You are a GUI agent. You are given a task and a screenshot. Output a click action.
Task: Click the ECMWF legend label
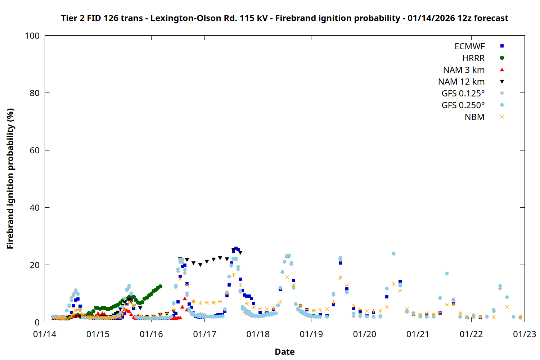point(469,46)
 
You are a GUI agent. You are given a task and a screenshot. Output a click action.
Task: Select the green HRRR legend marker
point(502,58)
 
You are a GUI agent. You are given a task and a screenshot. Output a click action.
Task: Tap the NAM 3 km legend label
point(464,70)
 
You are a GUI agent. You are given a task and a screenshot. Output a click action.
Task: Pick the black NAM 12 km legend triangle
point(502,82)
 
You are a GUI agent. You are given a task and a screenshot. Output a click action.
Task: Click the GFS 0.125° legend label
point(463,94)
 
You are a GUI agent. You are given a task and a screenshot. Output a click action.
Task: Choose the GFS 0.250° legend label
point(463,105)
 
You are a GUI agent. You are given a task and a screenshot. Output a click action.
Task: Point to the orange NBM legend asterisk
point(502,117)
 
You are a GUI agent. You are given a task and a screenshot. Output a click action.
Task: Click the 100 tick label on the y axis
point(32,36)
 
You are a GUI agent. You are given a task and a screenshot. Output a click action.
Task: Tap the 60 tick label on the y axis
point(35,150)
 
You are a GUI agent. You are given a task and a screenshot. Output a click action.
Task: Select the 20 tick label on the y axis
point(35,265)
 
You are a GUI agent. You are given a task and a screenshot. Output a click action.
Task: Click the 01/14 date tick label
point(45,334)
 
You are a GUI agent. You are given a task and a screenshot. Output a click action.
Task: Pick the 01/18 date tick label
point(258,334)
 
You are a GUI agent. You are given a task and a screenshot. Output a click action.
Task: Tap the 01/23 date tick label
point(525,334)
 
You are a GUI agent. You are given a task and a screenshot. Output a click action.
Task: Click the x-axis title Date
point(284,352)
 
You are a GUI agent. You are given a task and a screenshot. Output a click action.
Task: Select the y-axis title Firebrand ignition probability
point(10,179)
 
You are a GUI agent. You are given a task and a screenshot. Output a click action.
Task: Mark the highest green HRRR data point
point(160,287)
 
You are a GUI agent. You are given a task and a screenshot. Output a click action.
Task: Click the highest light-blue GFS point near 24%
point(393,253)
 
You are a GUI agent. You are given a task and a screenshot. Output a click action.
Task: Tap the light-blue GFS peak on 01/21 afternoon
point(447,274)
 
